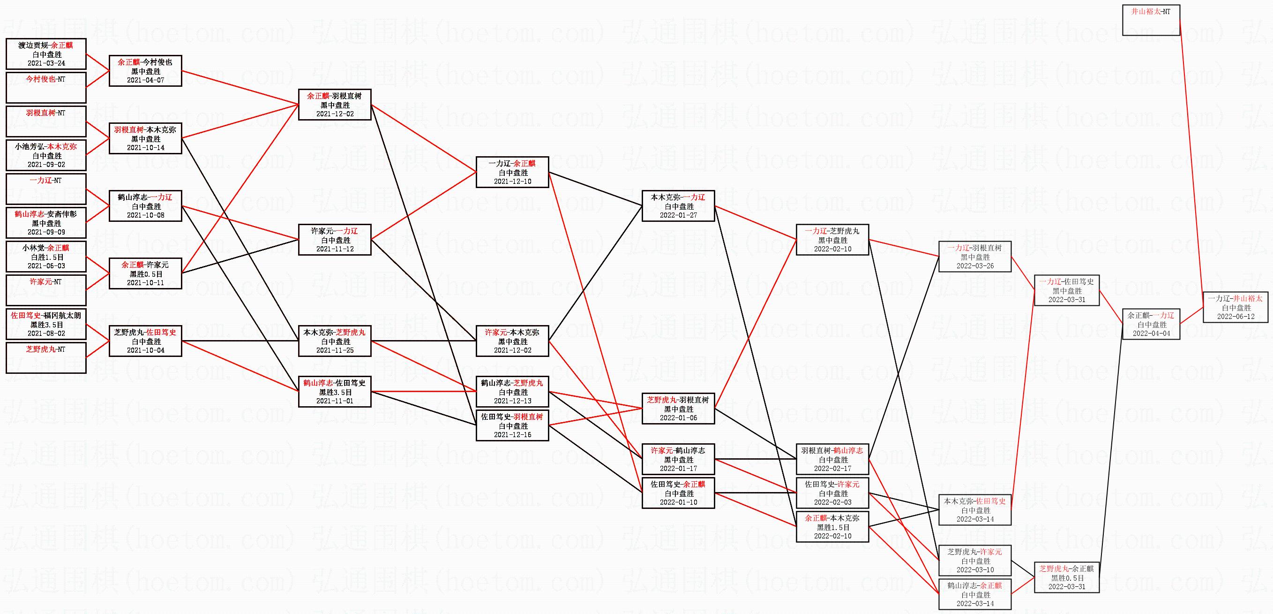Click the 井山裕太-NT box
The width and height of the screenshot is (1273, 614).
[x=1151, y=20]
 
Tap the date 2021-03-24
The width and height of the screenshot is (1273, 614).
[x=46, y=64]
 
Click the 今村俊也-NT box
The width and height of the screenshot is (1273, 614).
[x=46, y=88]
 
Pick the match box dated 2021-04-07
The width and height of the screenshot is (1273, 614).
[x=145, y=71]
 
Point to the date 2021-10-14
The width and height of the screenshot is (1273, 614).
[x=145, y=148]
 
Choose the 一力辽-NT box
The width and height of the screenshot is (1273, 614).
[x=46, y=189]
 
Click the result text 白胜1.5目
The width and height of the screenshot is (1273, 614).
[x=47, y=257]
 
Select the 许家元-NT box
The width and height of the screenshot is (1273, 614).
[x=46, y=290]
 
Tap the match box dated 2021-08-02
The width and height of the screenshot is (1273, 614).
[x=46, y=324]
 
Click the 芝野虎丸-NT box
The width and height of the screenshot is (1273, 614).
[x=46, y=358]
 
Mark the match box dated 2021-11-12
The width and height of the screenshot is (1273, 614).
[x=335, y=240]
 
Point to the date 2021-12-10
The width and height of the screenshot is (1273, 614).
[x=512, y=182]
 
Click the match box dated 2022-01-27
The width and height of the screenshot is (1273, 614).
[x=678, y=206]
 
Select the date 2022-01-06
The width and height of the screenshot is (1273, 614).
[x=678, y=418]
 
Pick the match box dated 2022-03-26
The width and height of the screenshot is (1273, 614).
[x=974, y=257]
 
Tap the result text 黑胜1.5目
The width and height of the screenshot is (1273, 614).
[x=833, y=528]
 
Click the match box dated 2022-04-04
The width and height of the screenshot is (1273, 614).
[x=1151, y=324]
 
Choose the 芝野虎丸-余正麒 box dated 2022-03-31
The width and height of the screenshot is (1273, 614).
[x=1066, y=577]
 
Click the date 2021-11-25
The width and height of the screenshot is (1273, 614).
[x=335, y=350]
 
